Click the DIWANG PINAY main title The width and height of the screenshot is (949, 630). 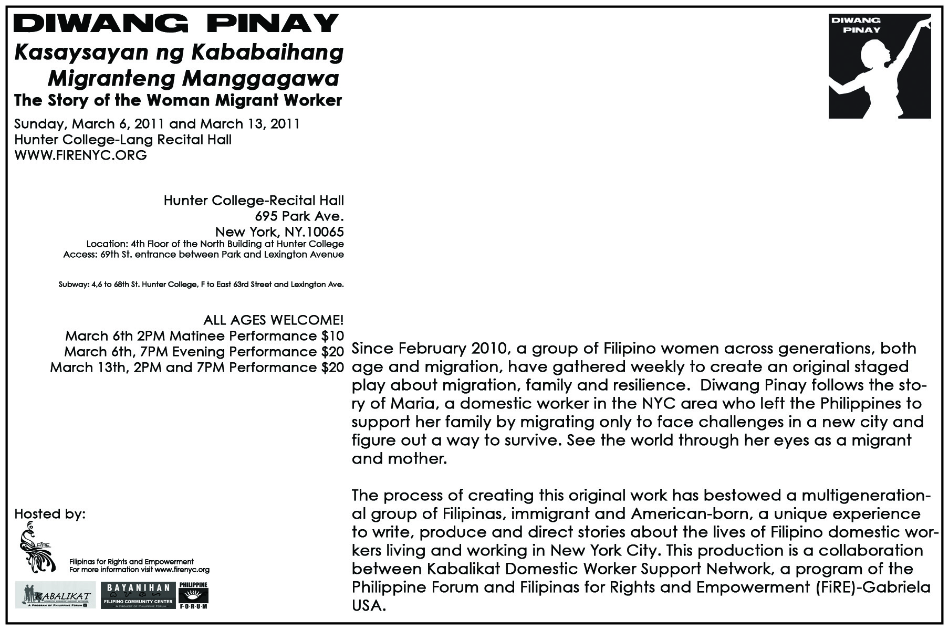(x=175, y=23)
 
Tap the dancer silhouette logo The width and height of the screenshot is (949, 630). (x=879, y=67)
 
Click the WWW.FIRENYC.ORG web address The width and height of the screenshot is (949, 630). (x=80, y=155)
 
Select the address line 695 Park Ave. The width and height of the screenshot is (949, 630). (x=299, y=216)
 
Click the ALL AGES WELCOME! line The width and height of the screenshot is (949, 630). (x=273, y=320)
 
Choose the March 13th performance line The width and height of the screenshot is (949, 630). (x=196, y=367)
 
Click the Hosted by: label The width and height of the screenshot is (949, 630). (x=50, y=513)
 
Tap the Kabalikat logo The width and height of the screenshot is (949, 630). (x=55, y=595)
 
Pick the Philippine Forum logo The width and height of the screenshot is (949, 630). (x=193, y=595)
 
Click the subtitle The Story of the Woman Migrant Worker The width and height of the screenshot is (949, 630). (x=178, y=100)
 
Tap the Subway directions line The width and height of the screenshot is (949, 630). (x=201, y=285)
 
